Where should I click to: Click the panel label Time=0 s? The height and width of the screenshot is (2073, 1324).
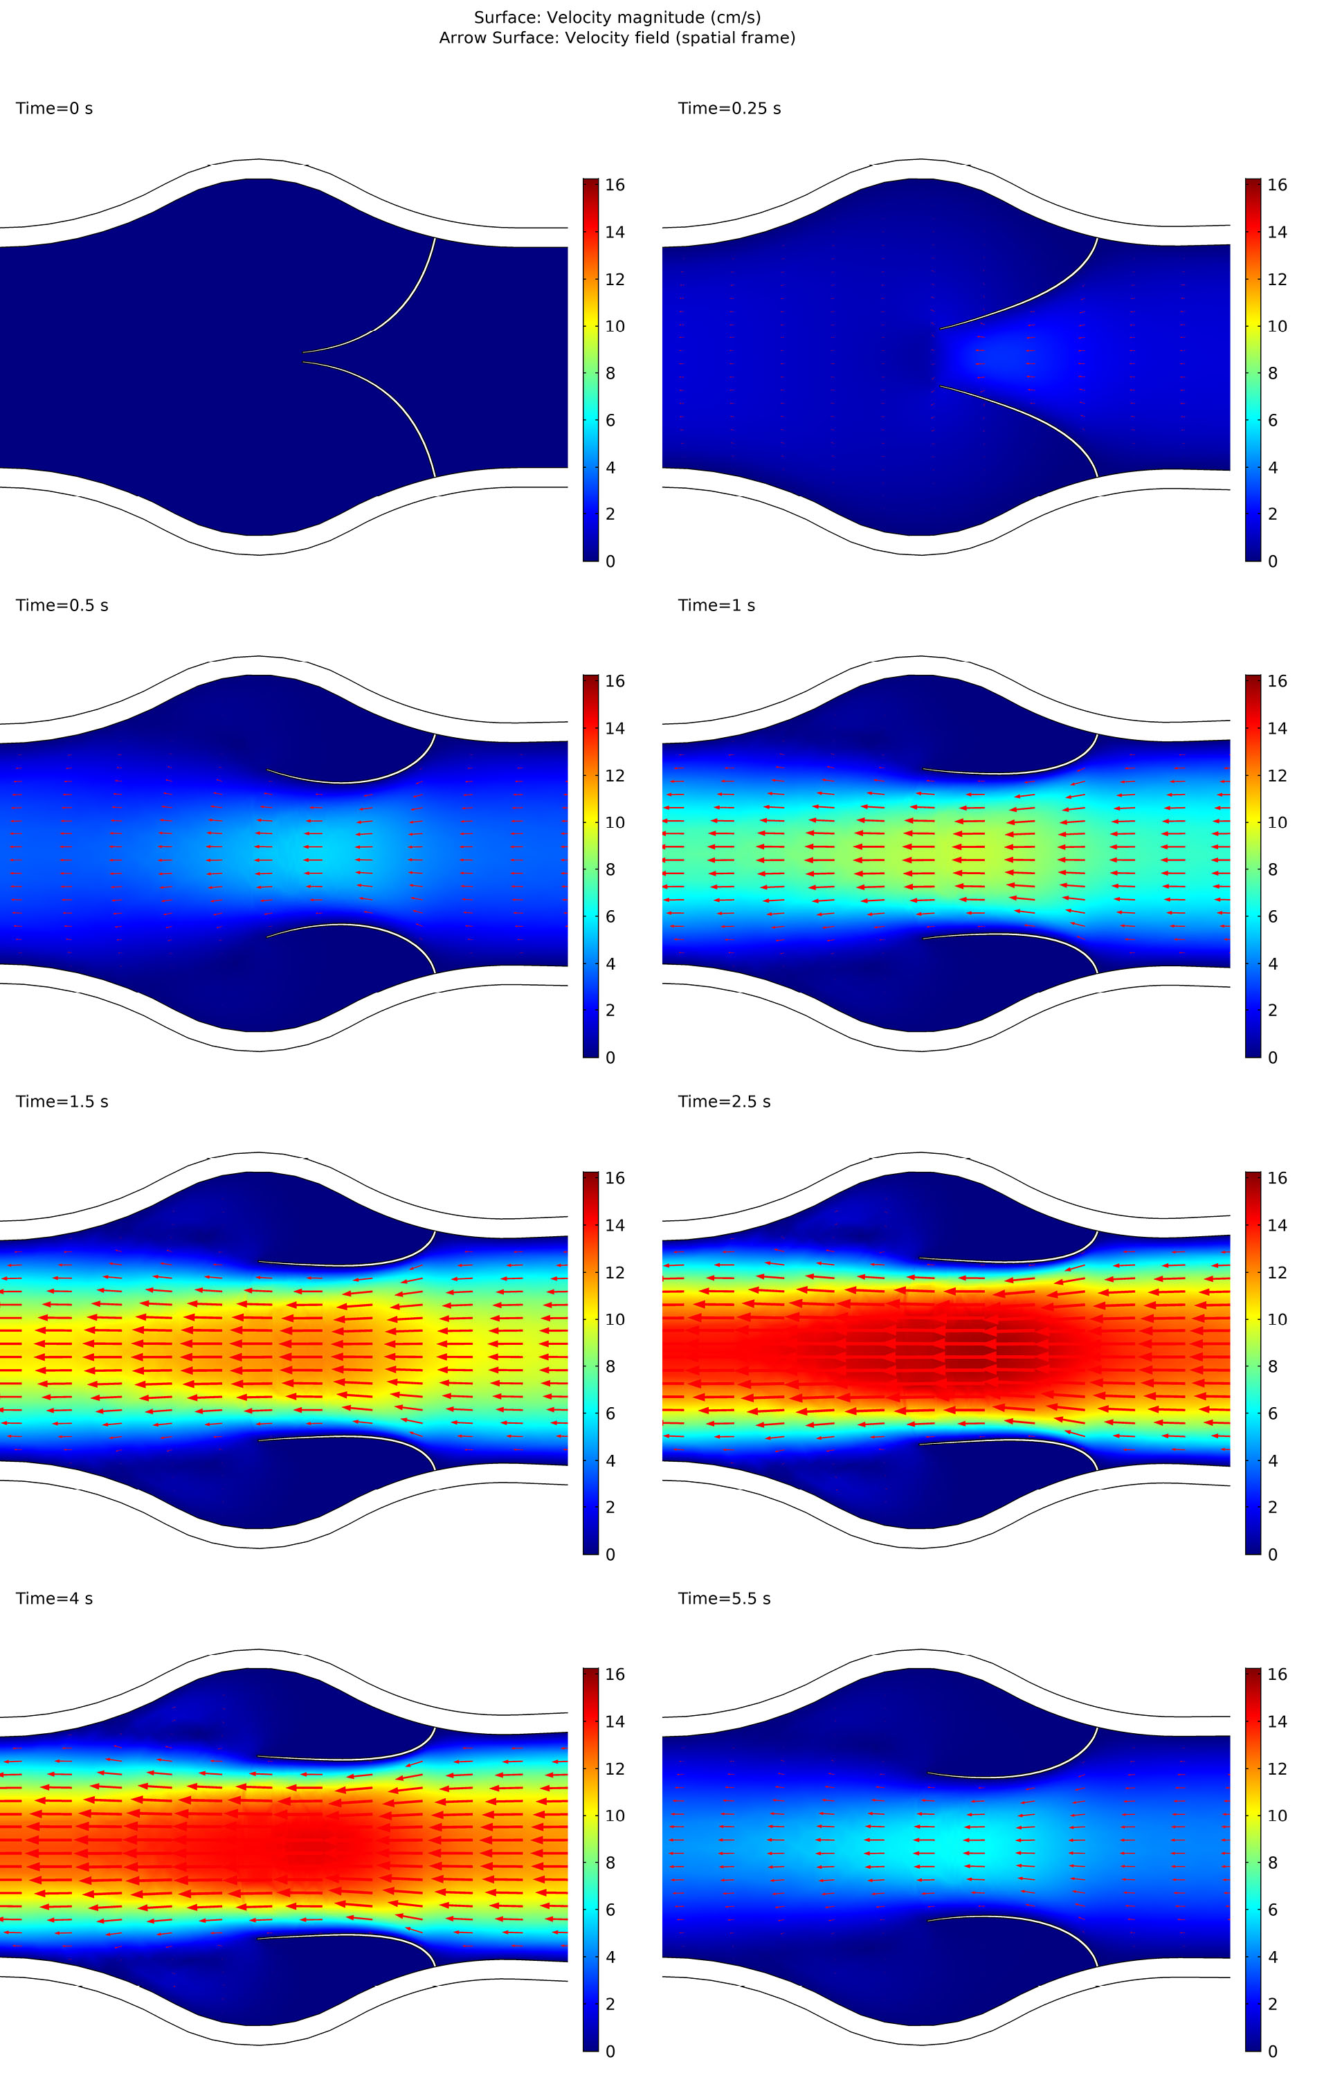[54, 109]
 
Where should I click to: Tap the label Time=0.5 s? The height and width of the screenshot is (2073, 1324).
[62, 605]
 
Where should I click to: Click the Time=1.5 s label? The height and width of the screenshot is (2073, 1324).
[62, 1101]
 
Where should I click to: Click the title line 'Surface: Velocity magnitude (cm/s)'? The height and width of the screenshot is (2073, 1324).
[617, 17]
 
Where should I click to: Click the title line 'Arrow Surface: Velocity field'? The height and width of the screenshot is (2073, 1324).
[617, 38]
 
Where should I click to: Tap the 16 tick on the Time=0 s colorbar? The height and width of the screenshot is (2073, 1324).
[615, 184]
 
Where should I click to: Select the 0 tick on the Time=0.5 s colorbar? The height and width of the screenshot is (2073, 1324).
[610, 1057]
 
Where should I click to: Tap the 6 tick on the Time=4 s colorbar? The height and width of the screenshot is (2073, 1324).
[610, 1910]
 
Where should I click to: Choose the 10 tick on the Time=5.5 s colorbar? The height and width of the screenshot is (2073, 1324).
[1277, 1816]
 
